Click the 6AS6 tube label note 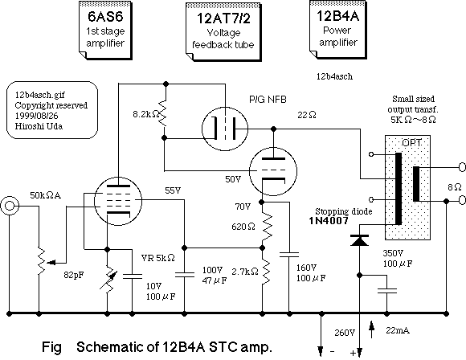[105, 31]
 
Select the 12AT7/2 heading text [223, 18]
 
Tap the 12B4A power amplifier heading [337, 16]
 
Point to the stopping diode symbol [360, 240]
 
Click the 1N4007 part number [329, 220]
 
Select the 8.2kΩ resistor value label [146, 114]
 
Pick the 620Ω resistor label [243, 227]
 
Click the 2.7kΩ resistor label [245, 272]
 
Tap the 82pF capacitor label [74, 276]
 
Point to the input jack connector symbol [10, 206]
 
